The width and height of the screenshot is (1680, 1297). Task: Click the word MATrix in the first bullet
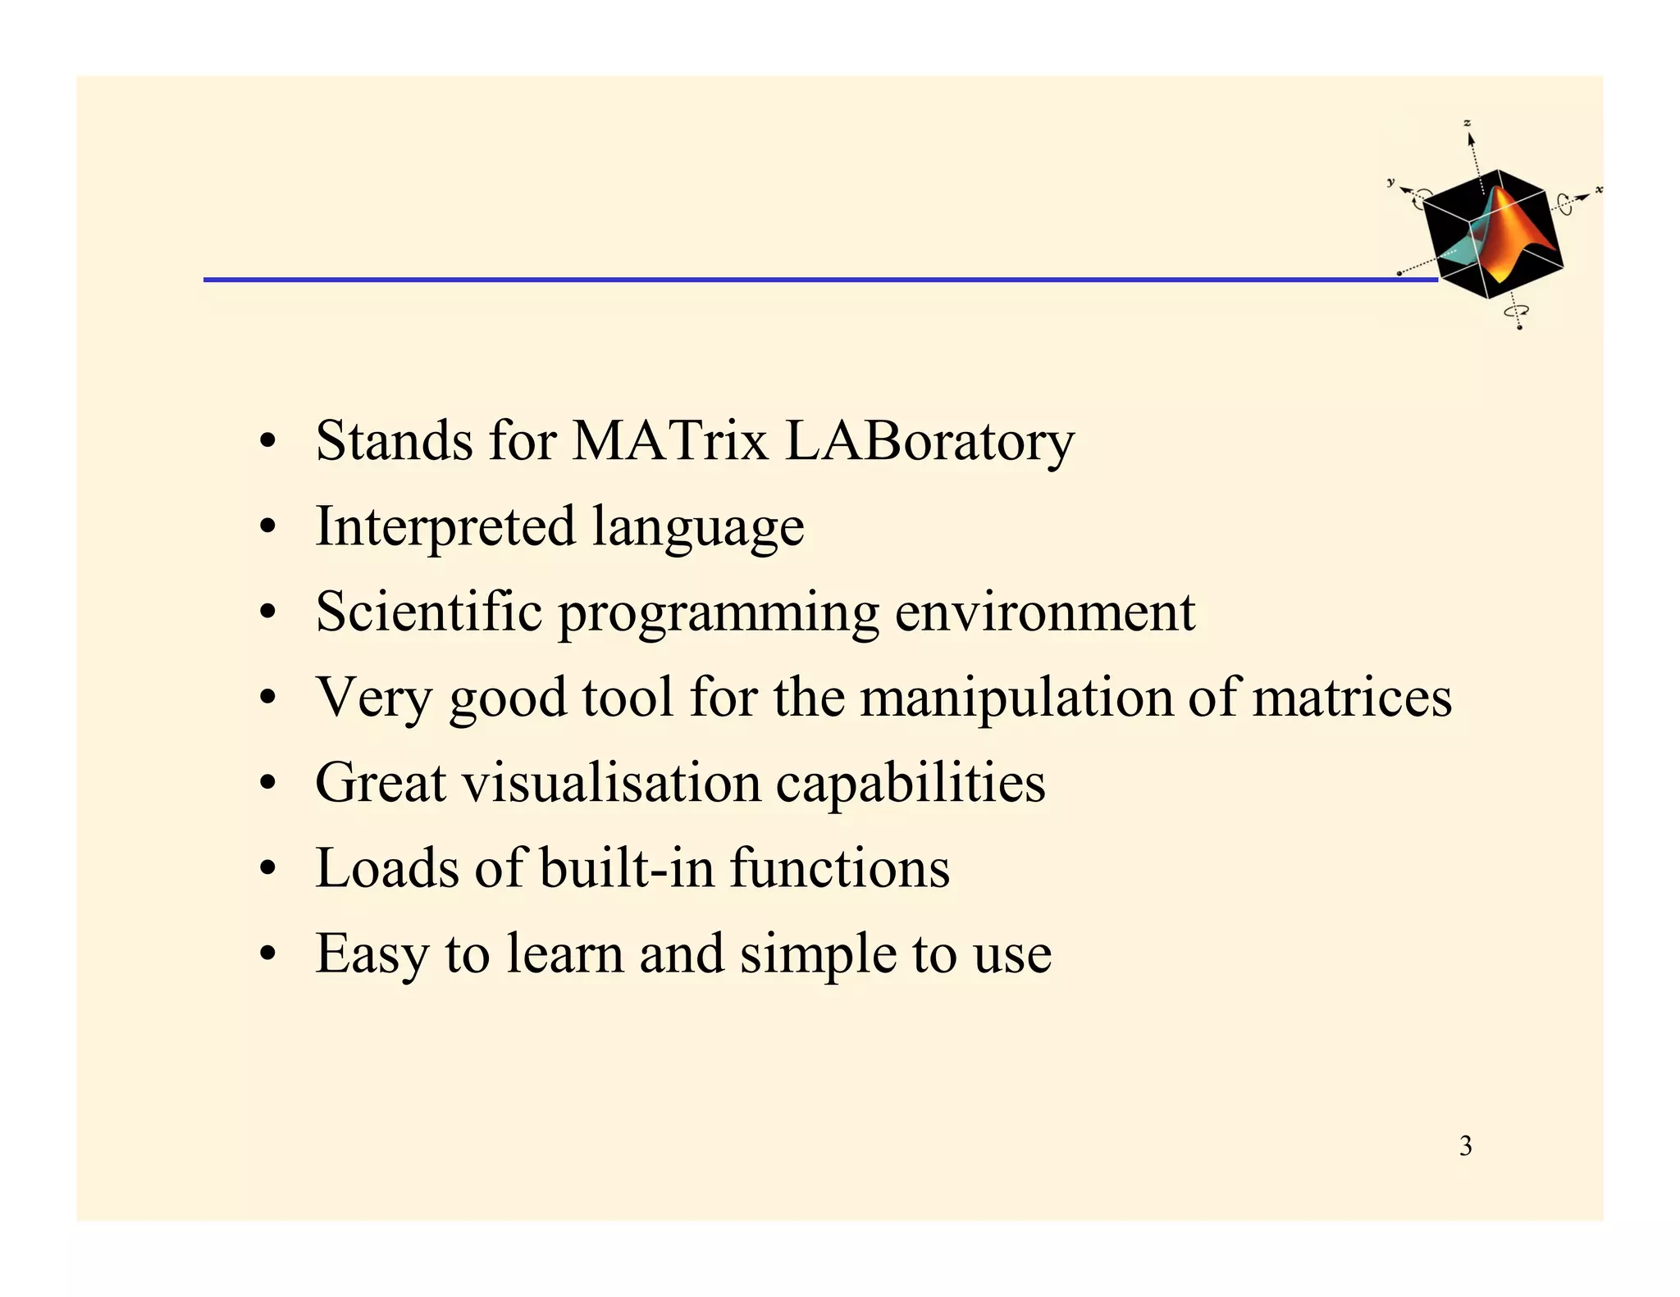tap(669, 441)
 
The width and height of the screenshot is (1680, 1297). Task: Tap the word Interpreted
tap(445, 527)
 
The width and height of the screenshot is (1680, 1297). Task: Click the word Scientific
tap(428, 612)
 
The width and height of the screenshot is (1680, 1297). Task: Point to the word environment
tap(1044, 613)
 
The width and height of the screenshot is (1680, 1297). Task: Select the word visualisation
tap(612, 782)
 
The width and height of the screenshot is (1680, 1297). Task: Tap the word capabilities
tap(911, 784)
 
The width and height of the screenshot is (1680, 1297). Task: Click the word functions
tap(840, 867)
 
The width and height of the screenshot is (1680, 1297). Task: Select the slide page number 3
tap(1465, 1146)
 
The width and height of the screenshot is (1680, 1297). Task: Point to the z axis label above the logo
tap(1468, 123)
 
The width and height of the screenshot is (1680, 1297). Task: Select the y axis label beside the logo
tap(1390, 182)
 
